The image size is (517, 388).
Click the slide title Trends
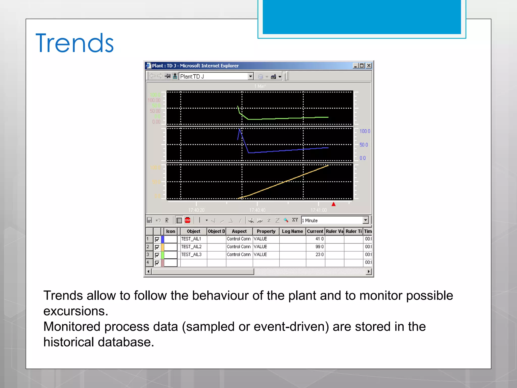pyautogui.click(x=74, y=43)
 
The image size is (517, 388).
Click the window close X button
pyautogui.click(x=369, y=66)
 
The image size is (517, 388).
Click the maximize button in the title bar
pyautogui.click(x=362, y=66)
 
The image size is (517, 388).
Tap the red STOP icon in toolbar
pyautogui.click(x=188, y=220)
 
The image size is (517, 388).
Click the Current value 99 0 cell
pyautogui.click(x=316, y=247)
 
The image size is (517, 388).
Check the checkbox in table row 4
pyautogui.click(x=157, y=263)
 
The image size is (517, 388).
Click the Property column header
pyautogui.click(x=266, y=231)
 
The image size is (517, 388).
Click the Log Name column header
pyautogui.click(x=292, y=231)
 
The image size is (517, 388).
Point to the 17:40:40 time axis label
pyautogui.click(x=257, y=210)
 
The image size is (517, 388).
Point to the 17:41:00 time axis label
pyautogui.click(x=319, y=210)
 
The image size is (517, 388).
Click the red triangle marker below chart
pyautogui.click(x=333, y=204)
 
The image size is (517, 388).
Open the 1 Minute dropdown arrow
pyautogui.click(x=366, y=220)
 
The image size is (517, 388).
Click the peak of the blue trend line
pyautogui.click(x=240, y=129)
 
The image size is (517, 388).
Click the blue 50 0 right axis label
pyautogui.click(x=364, y=145)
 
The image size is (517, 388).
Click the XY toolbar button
pyautogui.click(x=295, y=220)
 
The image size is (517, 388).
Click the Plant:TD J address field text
pyautogui.click(x=192, y=76)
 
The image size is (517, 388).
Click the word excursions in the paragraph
pyautogui.click(x=76, y=311)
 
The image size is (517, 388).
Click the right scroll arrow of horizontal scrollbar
pyautogui.click(x=369, y=272)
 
